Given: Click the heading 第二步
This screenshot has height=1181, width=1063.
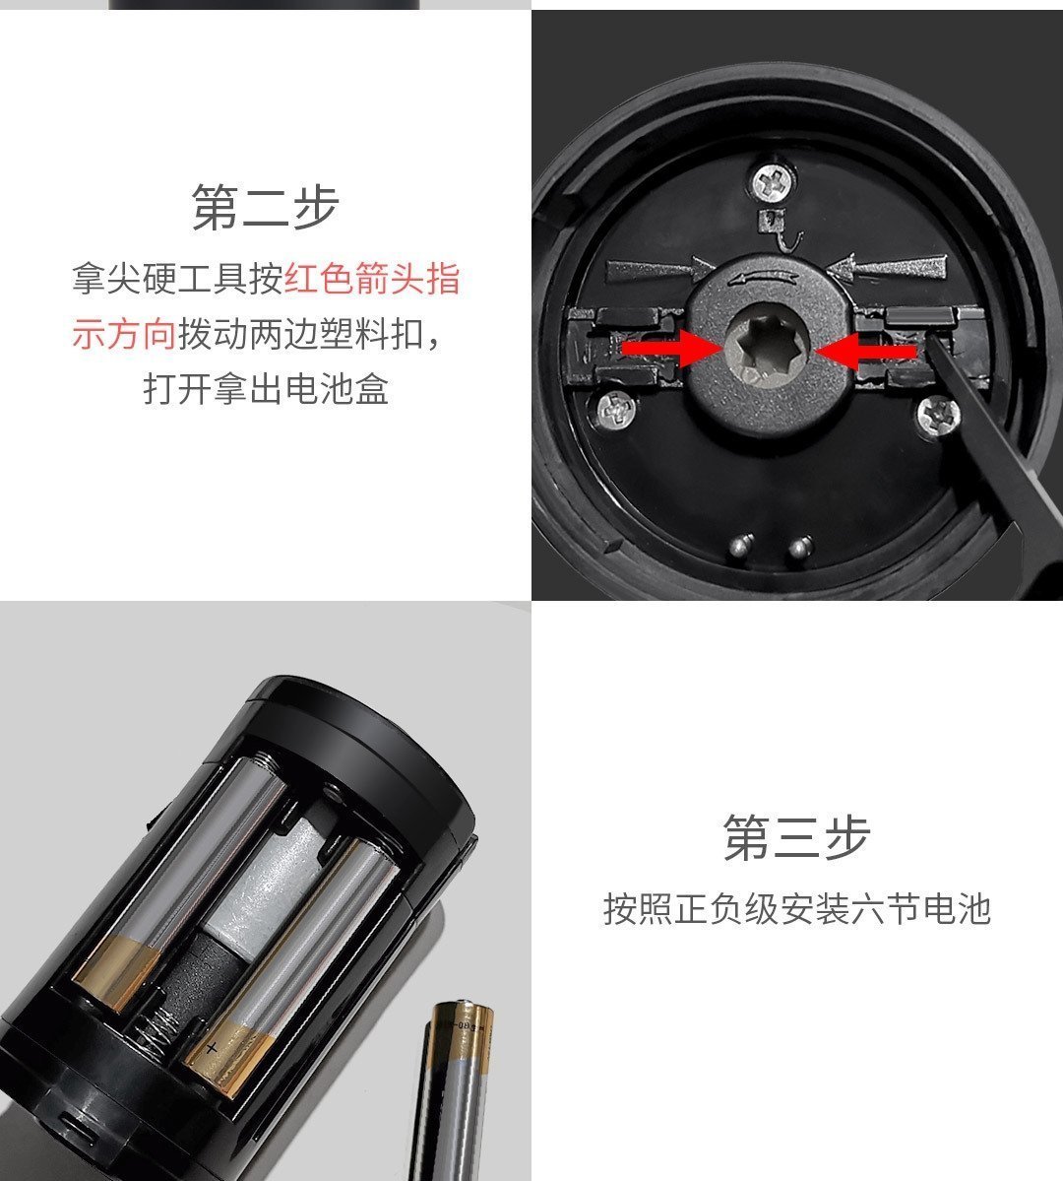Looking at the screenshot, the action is pyautogui.click(x=265, y=207).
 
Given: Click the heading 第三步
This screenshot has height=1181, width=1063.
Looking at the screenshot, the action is pyautogui.click(x=796, y=837).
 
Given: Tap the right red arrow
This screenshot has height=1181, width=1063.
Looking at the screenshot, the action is pyautogui.click(x=866, y=351).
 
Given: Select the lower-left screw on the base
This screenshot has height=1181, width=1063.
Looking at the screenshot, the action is pyautogui.click(x=617, y=411).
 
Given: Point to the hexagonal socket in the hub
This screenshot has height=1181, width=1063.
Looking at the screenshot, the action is pyautogui.click(x=768, y=348).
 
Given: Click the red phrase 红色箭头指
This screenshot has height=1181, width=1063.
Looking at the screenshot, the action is pyautogui.click(x=372, y=278).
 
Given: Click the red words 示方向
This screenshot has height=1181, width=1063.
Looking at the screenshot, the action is pyautogui.click(x=124, y=334).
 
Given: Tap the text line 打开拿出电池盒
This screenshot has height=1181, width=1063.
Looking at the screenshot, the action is pyautogui.click(x=266, y=389).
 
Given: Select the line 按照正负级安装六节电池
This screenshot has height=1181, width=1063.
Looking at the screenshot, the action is pyautogui.click(x=796, y=908).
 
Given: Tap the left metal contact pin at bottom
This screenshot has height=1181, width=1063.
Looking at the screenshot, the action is pyautogui.click(x=742, y=545).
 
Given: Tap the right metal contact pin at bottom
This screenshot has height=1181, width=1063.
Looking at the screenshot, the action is pyautogui.click(x=801, y=547).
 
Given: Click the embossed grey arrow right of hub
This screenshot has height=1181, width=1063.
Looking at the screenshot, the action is pyautogui.click(x=886, y=267).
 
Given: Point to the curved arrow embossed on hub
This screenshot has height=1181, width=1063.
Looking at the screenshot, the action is pyautogui.click(x=765, y=277).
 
